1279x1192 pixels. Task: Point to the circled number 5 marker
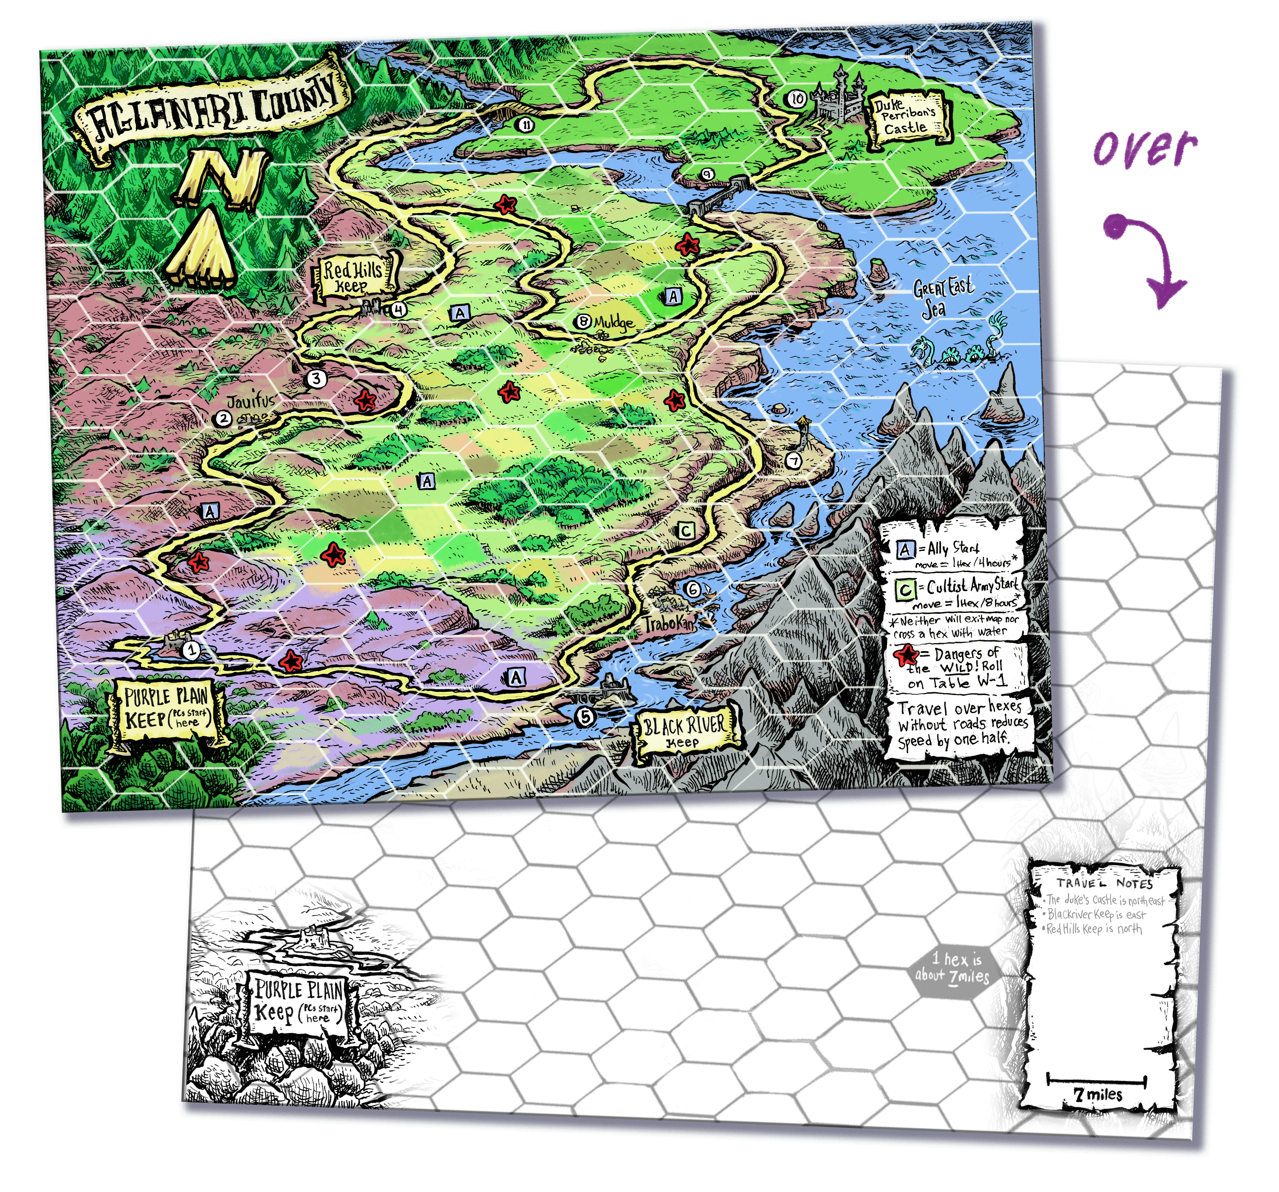tap(585, 716)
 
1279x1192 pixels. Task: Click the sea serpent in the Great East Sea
tap(959, 348)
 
